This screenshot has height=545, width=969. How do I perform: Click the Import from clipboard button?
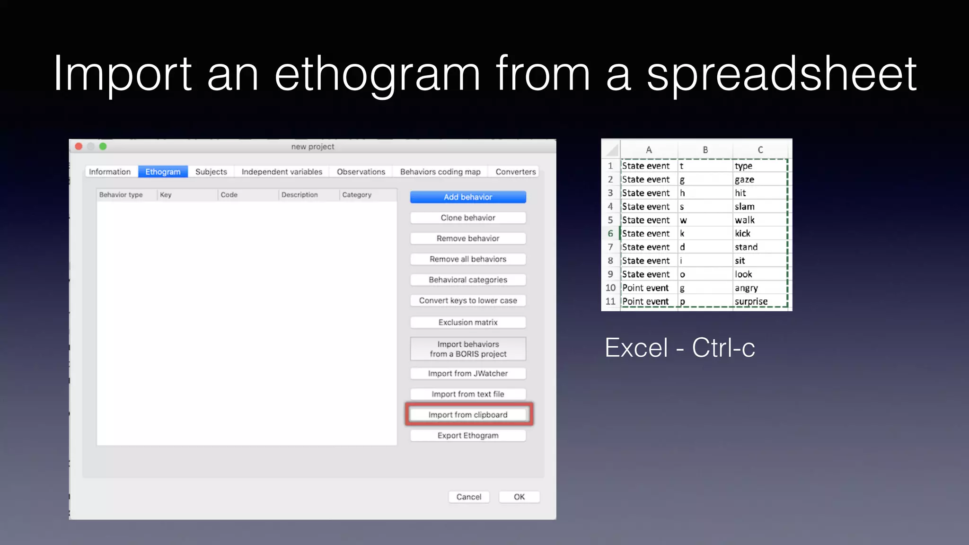467,414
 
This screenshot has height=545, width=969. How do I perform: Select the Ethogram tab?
163,172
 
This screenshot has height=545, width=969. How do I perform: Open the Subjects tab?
211,172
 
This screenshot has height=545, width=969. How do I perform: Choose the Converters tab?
515,172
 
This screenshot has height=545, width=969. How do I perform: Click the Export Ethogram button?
467,435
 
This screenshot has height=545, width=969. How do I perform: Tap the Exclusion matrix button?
467,322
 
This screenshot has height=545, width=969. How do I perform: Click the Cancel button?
468,497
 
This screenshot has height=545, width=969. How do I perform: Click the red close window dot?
79,147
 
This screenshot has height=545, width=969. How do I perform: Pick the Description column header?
300,194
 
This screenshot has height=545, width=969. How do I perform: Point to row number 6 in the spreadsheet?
610,233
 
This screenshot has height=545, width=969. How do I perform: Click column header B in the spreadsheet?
705,150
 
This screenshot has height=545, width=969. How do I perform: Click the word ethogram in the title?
377,75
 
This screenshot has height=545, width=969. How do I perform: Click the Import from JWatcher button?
467,373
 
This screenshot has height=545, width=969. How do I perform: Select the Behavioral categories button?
467,280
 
